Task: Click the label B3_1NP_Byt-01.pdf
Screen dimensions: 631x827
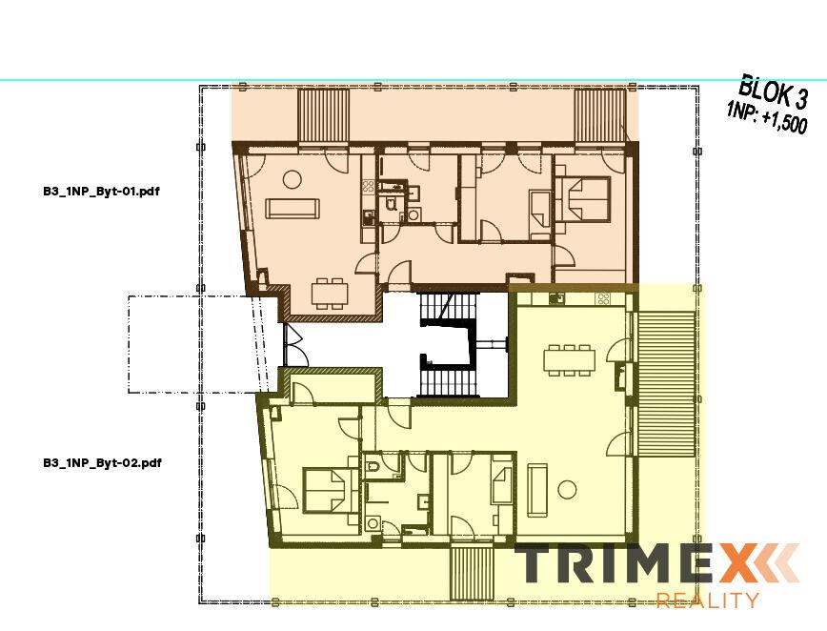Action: pos(100,191)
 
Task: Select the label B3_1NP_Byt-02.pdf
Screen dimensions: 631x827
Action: pos(100,463)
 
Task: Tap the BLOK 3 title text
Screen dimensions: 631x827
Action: pos(774,93)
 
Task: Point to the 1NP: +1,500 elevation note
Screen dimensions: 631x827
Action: pos(767,118)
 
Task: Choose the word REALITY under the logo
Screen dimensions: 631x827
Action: pos(708,600)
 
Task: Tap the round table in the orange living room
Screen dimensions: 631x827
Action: pos(292,177)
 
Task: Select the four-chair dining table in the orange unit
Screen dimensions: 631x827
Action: pos(331,293)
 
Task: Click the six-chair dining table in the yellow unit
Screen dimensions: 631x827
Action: pos(570,359)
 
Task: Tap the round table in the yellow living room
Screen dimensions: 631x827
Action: pos(568,490)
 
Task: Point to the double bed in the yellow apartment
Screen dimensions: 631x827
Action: pos(326,490)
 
